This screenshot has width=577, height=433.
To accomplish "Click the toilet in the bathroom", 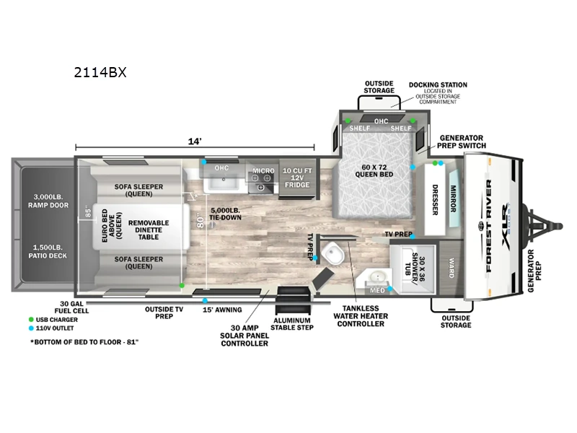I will (x=334, y=254).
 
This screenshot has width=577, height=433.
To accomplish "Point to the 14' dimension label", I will (x=194, y=141).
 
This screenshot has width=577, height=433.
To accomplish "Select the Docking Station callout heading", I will (x=438, y=84).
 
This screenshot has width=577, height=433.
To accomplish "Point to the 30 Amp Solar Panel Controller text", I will (x=244, y=333).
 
